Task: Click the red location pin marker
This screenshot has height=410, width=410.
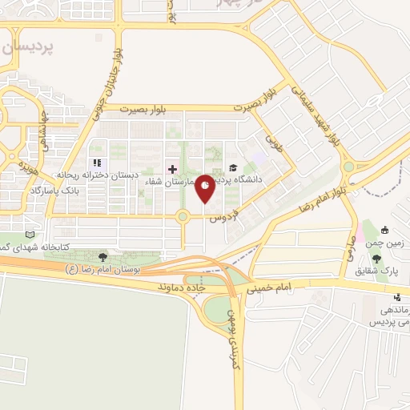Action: click(206, 189)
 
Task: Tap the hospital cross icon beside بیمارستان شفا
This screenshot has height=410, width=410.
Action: click(172, 169)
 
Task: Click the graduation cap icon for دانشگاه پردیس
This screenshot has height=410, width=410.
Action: click(233, 168)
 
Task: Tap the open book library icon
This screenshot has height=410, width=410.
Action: click(30, 235)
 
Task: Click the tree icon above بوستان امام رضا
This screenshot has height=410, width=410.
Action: click(102, 256)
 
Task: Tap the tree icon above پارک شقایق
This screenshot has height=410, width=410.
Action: click(376, 257)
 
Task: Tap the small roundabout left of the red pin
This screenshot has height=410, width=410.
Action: click(183, 215)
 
